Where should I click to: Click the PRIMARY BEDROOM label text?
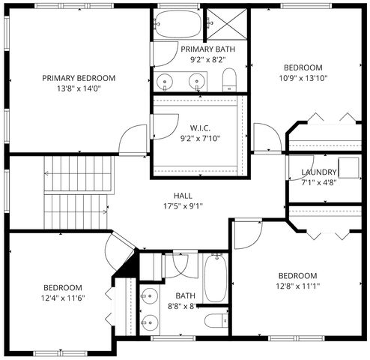79,78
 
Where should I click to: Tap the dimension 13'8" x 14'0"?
79,88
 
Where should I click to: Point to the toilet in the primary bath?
230,79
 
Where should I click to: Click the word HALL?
183,196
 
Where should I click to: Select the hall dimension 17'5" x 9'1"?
183,206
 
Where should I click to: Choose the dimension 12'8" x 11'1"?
298,286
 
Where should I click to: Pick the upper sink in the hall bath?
151,295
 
